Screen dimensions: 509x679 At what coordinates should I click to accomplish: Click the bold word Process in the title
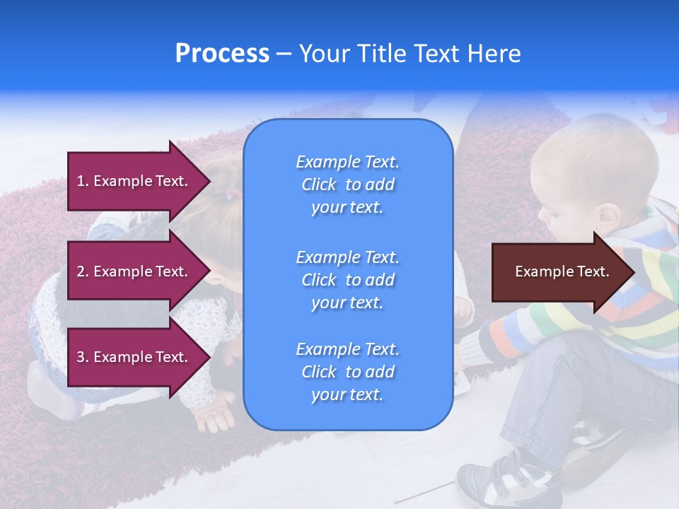[x=222, y=54]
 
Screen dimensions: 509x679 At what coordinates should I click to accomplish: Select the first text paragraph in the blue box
[x=347, y=185]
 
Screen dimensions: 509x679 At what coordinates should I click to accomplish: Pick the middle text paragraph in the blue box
[x=347, y=280]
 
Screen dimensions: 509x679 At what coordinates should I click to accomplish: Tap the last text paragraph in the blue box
[x=347, y=372]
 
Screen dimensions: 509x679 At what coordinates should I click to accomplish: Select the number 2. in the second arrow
[x=83, y=271]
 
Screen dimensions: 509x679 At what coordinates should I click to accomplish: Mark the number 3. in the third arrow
[x=83, y=357]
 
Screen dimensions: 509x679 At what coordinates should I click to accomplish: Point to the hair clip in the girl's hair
[x=228, y=196]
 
